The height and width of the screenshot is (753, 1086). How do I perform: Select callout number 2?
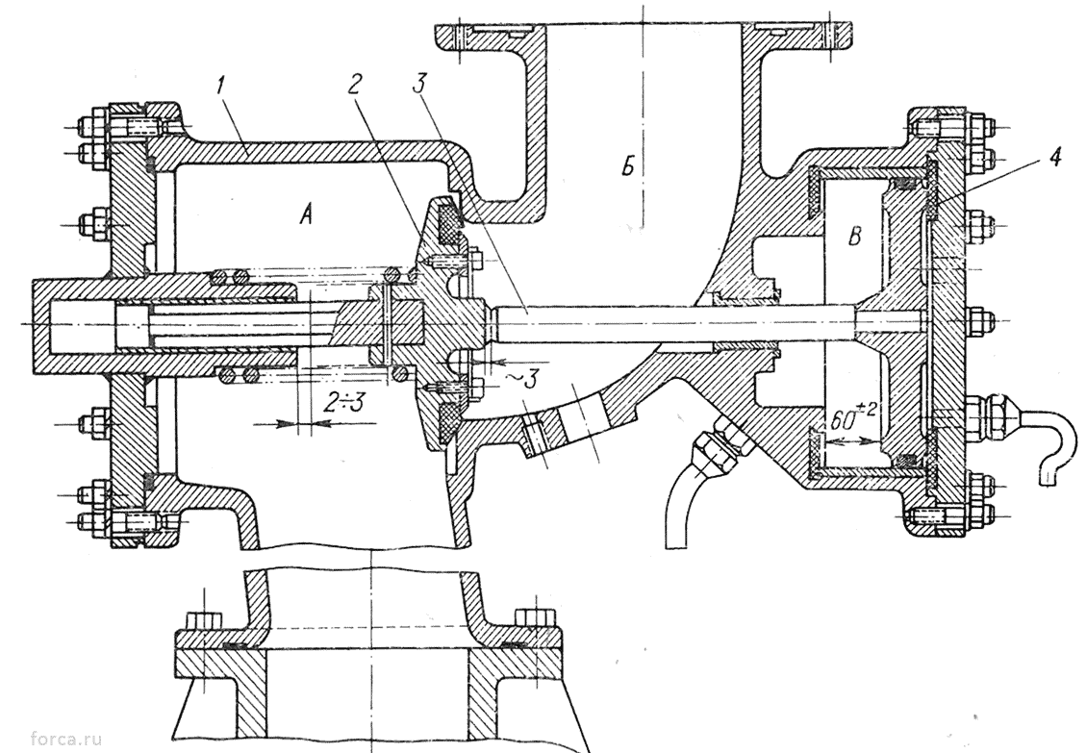tap(355, 84)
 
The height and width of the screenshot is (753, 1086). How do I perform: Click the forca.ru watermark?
tap(66, 740)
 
